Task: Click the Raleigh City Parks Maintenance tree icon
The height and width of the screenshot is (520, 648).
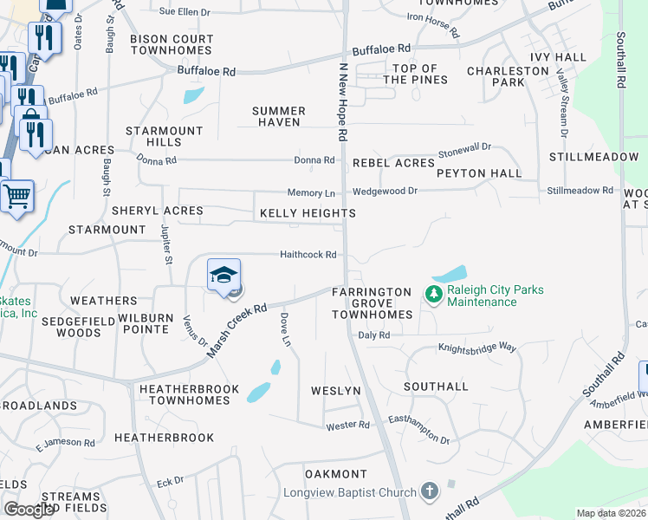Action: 433,296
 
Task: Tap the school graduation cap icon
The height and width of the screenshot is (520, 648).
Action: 224,275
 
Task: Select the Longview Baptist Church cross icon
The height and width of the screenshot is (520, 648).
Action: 429,491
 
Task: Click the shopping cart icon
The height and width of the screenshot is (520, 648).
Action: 17,197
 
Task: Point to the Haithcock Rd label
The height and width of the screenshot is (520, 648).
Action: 307,255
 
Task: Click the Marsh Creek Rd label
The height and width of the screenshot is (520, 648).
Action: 236,330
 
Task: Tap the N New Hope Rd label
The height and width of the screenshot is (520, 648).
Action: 343,102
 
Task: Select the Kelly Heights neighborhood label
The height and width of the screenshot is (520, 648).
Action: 308,213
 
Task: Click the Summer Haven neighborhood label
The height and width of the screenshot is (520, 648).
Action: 279,116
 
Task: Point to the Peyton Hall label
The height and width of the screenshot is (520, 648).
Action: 479,173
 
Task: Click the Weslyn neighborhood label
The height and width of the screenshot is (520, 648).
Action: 335,391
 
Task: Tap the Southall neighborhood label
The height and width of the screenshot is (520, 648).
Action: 436,387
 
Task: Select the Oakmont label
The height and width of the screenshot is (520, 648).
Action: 336,474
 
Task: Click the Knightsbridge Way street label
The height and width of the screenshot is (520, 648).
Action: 476,348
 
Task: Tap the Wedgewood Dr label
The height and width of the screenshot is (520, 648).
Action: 385,191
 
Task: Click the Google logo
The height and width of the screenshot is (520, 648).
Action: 29,510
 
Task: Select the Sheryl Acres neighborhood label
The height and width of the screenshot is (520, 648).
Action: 157,211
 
